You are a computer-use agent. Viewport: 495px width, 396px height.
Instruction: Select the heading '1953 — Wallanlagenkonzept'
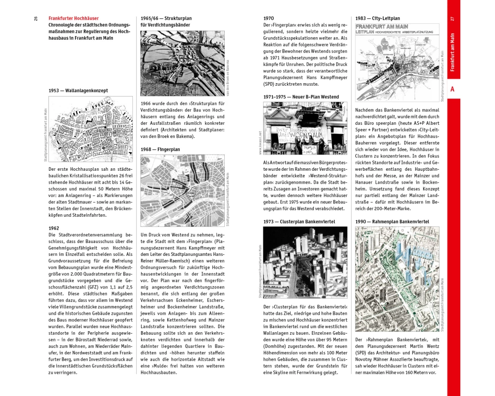[78, 91]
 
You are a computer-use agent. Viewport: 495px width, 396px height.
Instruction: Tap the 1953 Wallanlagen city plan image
[91, 128]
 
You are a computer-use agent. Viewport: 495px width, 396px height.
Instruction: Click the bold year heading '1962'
[54, 228]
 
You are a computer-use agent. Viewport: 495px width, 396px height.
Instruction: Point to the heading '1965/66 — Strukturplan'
[166, 18]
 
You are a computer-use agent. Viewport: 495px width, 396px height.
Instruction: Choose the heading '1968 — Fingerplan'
[160, 149]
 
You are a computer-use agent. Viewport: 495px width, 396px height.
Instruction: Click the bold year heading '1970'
[268, 18]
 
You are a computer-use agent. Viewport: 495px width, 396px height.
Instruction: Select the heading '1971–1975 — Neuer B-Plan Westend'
[301, 97]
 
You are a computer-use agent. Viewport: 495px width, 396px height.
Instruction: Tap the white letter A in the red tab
[453, 89]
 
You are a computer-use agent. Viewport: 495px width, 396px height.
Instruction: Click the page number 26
[36, 18]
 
